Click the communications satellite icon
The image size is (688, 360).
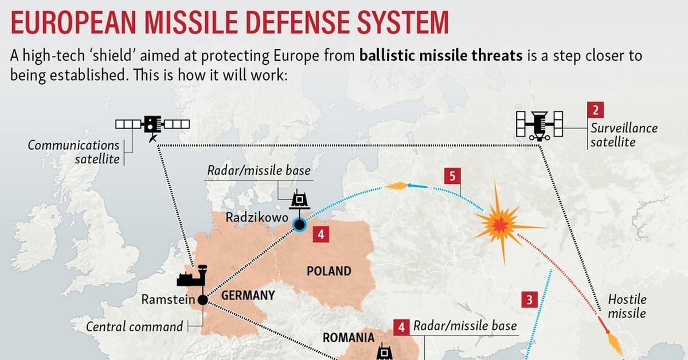tap(153, 127)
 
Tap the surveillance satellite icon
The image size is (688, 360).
tap(540, 126)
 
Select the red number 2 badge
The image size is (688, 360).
tap(596, 110)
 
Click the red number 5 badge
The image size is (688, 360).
tap(452, 176)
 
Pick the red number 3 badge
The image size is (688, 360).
tap(530, 299)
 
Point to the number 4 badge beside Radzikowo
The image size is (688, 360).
tap(321, 234)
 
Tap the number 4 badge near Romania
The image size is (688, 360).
tap(401, 327)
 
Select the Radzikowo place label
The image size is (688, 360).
tap(257, 217)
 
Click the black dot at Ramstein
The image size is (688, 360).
tap(203, 300)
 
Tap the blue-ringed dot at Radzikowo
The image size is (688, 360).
tap(299, 225)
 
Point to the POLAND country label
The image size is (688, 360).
tap(329, 271)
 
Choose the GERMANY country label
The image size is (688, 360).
tap(248, 295)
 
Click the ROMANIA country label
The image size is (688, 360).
tap(349, 338)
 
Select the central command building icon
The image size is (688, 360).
tap(192, 276)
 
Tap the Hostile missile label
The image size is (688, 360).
tap(627, 306)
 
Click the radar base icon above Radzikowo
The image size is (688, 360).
tap(299, 199)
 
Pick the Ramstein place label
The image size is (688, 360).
tap(169, 299)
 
